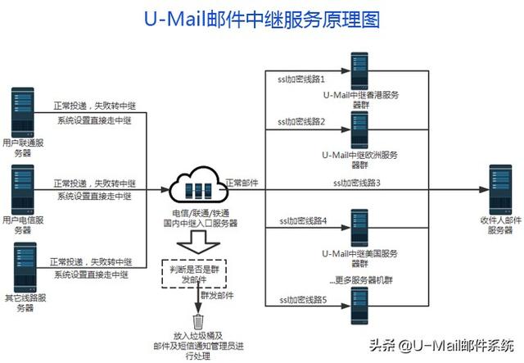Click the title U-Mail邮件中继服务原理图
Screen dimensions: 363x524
tap(261, 20)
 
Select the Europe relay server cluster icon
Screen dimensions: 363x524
tap(359, 129)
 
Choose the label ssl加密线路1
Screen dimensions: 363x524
tap(302, 80)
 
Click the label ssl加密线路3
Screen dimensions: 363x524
tap(358, 181)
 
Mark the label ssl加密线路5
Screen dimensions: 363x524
tap(302, 301)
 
